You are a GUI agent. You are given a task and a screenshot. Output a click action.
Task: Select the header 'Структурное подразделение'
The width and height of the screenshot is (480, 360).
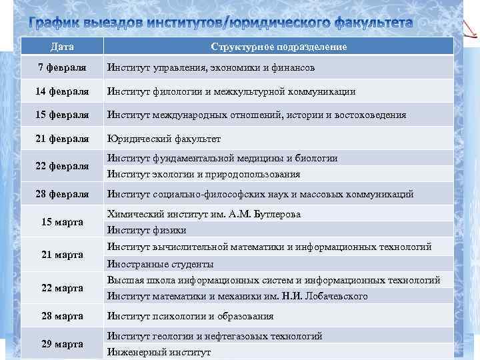[279, 47]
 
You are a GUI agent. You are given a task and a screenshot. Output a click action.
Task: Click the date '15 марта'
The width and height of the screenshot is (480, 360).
[62, 222]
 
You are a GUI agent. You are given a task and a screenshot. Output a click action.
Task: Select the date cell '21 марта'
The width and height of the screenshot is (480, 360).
[62, 255]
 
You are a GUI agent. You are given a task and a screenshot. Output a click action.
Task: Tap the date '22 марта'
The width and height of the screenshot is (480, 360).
[62, 288]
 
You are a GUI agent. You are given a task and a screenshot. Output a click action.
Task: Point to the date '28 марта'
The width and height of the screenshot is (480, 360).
[62, 316]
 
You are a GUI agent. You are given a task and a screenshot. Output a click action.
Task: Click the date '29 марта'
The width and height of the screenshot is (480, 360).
[62, 344]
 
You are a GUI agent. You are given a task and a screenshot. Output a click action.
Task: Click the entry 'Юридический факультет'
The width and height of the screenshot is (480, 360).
[164, 139]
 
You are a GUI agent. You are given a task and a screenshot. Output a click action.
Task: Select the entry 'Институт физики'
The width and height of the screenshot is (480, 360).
[145, 231]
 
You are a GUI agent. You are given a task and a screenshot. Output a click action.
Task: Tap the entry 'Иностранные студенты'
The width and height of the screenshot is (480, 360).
[160, 263]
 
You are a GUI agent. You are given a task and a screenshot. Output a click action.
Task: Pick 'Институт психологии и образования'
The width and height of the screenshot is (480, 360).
[191, 316]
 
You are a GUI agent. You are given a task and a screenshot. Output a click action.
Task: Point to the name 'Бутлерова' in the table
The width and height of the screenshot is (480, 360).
[275, 214]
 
